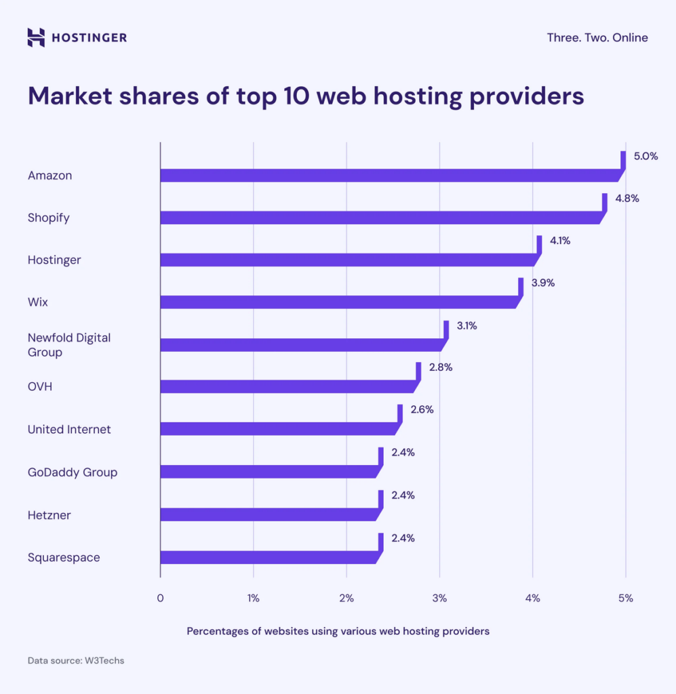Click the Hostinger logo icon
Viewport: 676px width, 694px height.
36,37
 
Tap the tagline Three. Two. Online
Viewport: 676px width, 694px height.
597,38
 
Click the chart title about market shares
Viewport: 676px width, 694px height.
306,96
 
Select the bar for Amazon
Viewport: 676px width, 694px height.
390,176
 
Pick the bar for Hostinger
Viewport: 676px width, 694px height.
349,260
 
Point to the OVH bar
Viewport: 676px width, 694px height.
288,386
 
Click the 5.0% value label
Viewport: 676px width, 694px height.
645,156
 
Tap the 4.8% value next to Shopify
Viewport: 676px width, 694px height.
627,199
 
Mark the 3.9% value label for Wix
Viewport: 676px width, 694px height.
542,283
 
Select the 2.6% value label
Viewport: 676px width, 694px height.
422,409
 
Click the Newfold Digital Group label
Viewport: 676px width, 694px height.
69,344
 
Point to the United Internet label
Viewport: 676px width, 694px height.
69,430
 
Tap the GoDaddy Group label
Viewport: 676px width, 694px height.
73,472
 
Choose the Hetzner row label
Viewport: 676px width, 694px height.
49,515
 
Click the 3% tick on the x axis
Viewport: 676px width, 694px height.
439,598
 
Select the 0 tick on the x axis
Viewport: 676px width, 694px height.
160,598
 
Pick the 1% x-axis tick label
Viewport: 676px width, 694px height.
253,598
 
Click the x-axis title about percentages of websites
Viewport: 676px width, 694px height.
338,631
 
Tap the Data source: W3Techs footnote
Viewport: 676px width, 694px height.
76,660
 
